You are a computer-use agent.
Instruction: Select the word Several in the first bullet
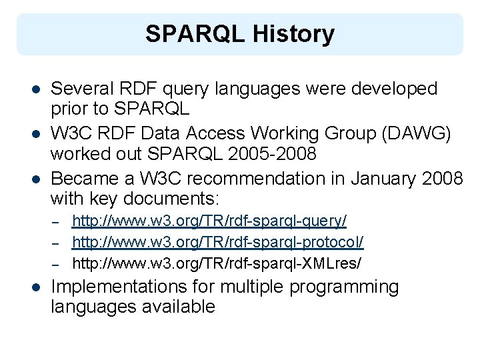pos(83,89)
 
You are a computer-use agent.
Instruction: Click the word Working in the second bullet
pos(289,134)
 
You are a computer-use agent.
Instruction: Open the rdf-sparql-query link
pos(209,221)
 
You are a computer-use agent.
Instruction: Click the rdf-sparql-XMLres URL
pos(217,263)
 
